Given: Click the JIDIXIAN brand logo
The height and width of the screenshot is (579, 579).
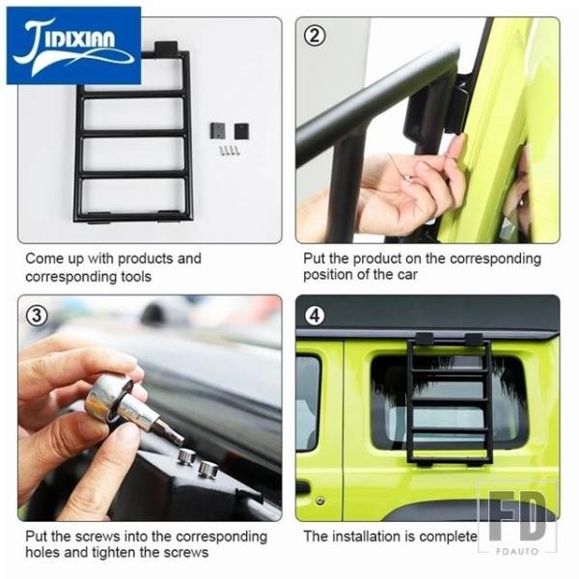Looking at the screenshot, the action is coord(73,45).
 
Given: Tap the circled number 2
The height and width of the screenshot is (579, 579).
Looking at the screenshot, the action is coord(315,37).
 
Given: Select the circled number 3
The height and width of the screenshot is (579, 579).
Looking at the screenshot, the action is coord(37,316).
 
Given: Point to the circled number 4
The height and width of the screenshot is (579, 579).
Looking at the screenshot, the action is coord(315,316).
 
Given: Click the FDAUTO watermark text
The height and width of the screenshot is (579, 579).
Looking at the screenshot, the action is coord(517,551).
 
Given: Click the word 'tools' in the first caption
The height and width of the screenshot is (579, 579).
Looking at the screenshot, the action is coord(136,277).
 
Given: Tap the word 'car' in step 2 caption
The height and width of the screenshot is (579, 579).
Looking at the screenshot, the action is coord(407,275).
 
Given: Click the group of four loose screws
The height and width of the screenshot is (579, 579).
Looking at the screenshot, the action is coord(229,150).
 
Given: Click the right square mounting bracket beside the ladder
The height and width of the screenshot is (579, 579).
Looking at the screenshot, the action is coord(241,131).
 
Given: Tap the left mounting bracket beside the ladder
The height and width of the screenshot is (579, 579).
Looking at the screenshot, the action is coord(217,130).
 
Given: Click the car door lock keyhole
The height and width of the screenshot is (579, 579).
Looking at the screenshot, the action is coord(320,501).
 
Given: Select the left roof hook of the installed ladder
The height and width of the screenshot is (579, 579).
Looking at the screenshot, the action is coord(425,339).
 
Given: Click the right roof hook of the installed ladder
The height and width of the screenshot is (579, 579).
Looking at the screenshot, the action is coord(474,340).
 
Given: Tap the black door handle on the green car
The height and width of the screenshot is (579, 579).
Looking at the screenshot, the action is coord(302,487).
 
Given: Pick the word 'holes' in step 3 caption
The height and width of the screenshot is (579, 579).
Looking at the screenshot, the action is coord(40,552).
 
